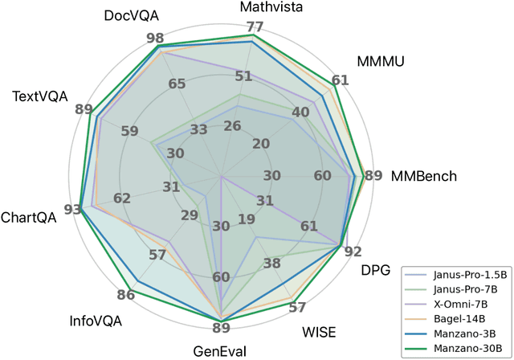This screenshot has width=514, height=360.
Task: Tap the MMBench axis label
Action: click(423, 176)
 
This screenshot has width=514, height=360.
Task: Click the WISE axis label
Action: click(319, 332)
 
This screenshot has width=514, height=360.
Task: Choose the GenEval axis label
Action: click(221, 350)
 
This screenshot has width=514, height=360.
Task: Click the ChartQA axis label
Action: click(28, 218)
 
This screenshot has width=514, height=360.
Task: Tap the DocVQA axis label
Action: click(131, 16)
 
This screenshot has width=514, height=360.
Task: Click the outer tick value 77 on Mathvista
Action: click(255, 27)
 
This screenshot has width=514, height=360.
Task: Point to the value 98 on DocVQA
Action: click(156, 39)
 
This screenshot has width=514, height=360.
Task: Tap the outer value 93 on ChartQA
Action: click(73, 210)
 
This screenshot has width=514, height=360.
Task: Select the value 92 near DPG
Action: click(353, 252)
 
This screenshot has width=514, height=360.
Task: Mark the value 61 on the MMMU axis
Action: click(341, 80)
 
